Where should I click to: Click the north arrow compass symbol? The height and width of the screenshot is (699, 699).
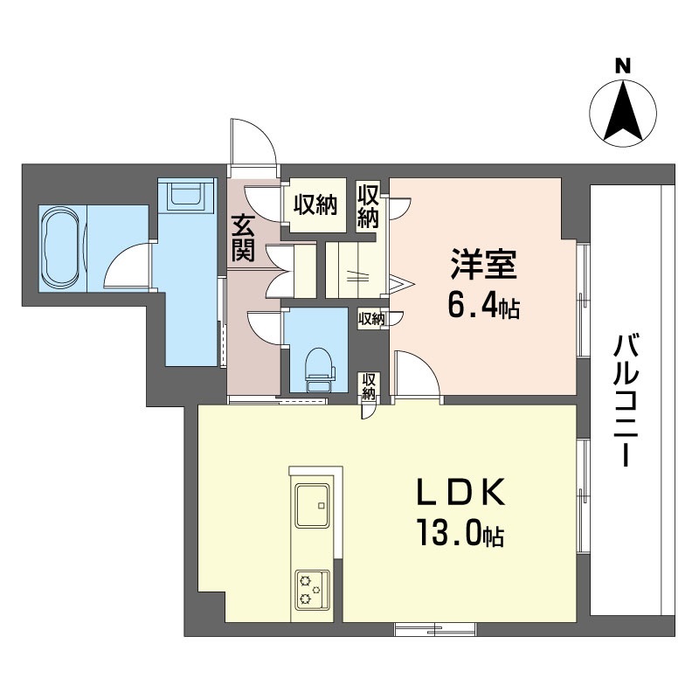pyautogui.click(x=623, y=113)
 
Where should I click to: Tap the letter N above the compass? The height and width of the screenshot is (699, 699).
pyautogui.click(x=623, y=66)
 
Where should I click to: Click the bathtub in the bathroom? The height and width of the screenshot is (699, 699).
pyautogui.click(x=62, y=249)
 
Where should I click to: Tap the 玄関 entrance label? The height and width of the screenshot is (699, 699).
pyautogui.click(x=243, y=238)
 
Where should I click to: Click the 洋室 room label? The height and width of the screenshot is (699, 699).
pyautogui.click(x=484, y=264)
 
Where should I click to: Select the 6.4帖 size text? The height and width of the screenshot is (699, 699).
pyautogui.click(x=484, y=307)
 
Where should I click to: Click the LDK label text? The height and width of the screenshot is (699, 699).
pyautogui.click(x=460, y=492)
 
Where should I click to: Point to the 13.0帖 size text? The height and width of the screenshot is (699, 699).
pyautogui.click(x=460, y=534)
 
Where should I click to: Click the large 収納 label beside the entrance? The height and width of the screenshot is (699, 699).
pyautogui.click(x=315, y=204)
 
